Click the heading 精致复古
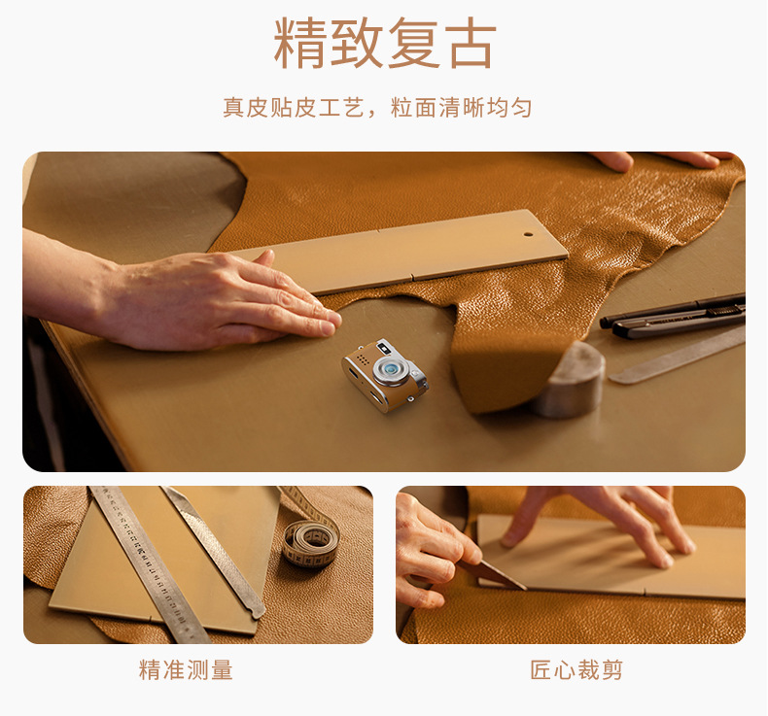(385, 43)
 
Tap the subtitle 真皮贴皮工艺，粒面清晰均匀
(377, 108)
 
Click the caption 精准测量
(186, 669)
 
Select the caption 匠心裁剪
(576, 669)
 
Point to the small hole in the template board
(528, 234)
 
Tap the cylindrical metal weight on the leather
(571, 379)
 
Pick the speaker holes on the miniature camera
(363, 359)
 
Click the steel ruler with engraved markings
(147, 563)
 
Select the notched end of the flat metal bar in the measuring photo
(255, 609)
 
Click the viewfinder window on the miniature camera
(382, 348)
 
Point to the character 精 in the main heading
(299, 43)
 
